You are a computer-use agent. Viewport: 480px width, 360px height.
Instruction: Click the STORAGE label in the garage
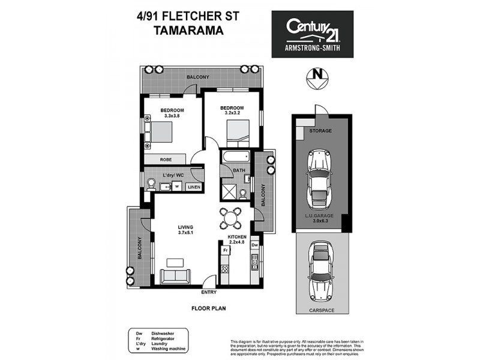320,130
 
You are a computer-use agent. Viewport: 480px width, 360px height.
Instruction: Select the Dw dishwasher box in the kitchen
254,245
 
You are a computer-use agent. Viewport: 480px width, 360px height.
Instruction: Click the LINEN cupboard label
193,187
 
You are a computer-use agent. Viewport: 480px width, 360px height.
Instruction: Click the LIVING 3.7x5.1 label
185,230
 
